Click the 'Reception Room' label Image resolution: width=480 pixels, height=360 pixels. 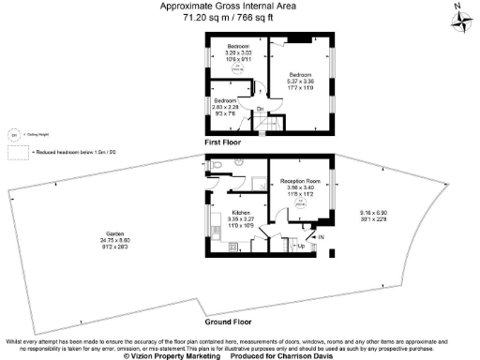pos(300,179)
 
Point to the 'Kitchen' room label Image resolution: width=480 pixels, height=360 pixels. pos(241,214)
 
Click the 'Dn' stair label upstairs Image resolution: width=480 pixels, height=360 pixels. pos(260,110)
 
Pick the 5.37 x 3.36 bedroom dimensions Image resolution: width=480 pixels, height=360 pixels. pos(299,80)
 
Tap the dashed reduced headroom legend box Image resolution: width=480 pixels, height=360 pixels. pos(20,150)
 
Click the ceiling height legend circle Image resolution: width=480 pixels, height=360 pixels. pos(14,133)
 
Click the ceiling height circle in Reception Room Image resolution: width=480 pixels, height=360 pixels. pos(300,202)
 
